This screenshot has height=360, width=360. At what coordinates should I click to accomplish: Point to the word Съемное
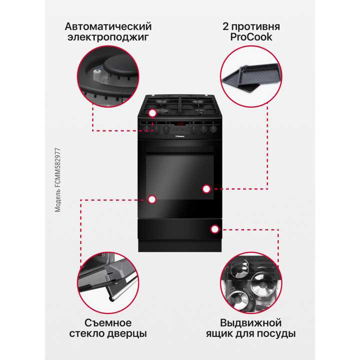click(108, 322)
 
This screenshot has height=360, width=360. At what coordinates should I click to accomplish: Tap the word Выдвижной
click(251, 322)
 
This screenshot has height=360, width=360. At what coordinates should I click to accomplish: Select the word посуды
click(278, 333)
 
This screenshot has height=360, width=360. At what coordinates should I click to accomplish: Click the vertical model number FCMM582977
click(58, 179)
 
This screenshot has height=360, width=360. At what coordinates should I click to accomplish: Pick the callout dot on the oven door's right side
click(205, 188)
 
